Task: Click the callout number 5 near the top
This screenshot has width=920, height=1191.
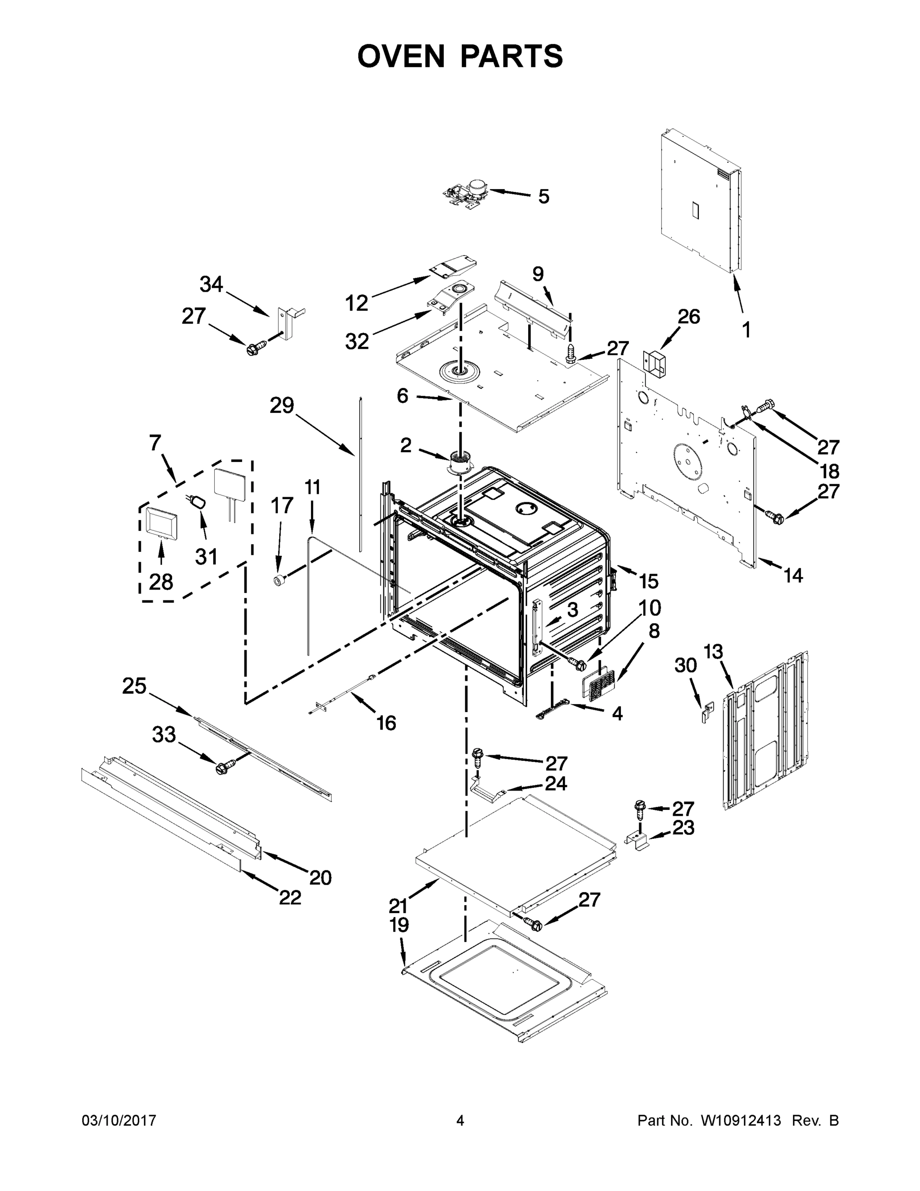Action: point(544,197)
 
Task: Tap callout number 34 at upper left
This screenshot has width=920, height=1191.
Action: point(211,284)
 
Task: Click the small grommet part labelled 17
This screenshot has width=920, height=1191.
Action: point(280,580)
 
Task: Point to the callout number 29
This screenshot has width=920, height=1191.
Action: point(282,405)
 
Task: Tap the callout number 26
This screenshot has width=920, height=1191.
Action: point(688,316)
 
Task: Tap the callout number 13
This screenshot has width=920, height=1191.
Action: point(713,651)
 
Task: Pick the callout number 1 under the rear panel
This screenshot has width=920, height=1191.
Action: point(746,330)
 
